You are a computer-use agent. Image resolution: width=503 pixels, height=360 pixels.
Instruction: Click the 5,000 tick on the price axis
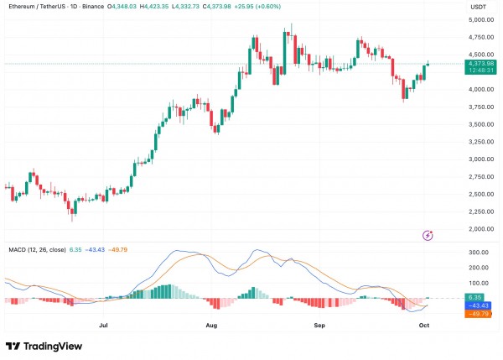(x=480, y=18)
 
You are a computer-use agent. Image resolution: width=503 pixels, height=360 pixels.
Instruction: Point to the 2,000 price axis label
(x=480, y=229)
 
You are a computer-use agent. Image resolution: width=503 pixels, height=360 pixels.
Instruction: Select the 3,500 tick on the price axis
(x=480, y=124)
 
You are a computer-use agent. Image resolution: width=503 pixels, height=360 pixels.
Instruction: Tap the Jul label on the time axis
(x=103, y=322)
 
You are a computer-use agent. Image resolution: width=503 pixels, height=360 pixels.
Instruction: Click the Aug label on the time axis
(x=211, y=322)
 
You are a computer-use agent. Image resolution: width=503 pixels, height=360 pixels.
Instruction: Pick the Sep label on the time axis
(x=319, y=322)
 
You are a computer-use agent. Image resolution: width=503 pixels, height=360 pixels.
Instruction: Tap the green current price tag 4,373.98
(x=480, y=63)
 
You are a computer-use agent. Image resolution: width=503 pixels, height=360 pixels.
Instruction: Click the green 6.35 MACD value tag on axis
(x=475, y=297)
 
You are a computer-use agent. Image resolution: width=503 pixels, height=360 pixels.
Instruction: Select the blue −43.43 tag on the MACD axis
(x=478, y=306)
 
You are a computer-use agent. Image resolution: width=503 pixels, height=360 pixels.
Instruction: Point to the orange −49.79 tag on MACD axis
(x=478, y=315)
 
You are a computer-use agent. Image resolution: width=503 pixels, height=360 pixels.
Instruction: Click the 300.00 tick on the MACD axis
(x=480, y=252)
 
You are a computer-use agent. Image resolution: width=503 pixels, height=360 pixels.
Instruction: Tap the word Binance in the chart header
(x=111, y=7)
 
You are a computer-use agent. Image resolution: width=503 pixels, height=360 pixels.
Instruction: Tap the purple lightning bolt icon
(x=428, y=236)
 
